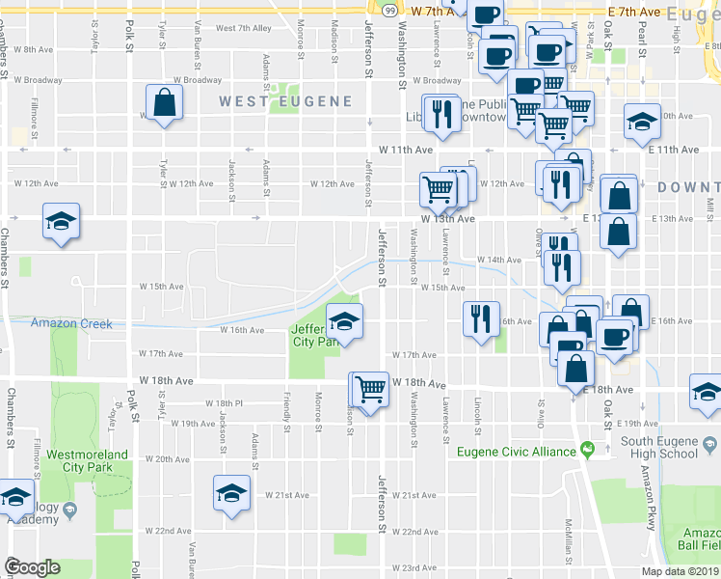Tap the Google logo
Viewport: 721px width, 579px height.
(32, 567)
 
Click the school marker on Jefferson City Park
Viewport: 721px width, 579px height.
(344, 319)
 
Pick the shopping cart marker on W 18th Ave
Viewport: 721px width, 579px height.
(369, 389)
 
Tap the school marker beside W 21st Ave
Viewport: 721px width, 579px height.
(231, 492)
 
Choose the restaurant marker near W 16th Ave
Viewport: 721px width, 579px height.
(481, 318)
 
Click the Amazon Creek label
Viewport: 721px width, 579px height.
(70, 324)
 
